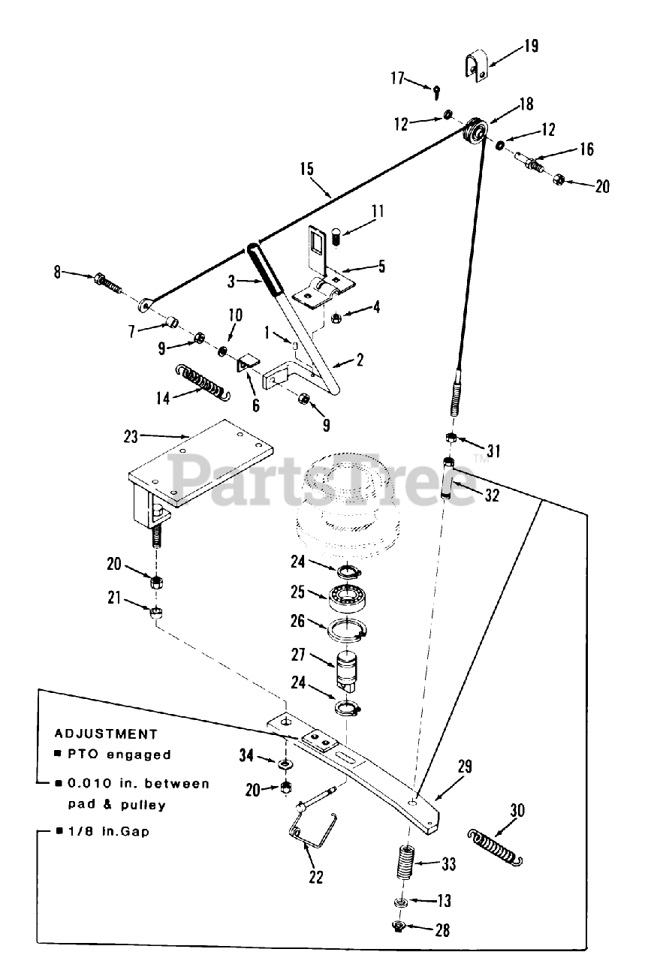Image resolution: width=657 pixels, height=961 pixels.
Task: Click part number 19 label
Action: (531, 47)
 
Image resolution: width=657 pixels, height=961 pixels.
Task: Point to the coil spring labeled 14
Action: (201, 381)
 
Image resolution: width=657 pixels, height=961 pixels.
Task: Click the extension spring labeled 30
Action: (495, 845)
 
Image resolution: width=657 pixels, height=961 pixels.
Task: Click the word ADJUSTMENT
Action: (106, 734)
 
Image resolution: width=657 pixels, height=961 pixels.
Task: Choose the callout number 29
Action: (465, 767)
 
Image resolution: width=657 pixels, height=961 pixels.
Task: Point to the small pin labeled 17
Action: (437, 92)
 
